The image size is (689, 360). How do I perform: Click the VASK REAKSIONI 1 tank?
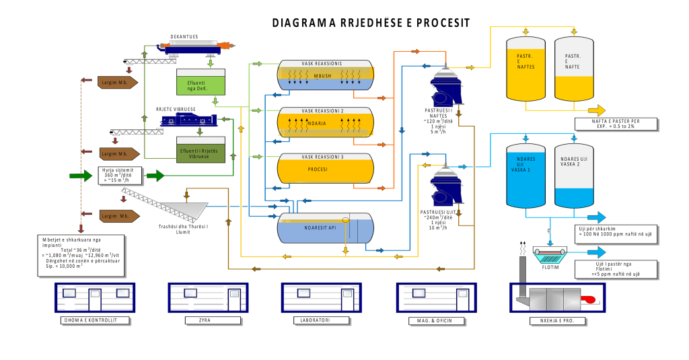[x=325, y=75]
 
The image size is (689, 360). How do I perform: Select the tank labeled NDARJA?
[x=325, y=122]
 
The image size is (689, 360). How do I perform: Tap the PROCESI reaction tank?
[x=325, y=169]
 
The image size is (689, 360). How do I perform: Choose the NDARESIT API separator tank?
[x=325, y=228]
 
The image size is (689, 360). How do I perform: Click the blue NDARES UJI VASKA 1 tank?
[x=525, y=176]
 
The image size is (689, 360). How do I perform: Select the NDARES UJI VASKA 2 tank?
[x=574, y=176]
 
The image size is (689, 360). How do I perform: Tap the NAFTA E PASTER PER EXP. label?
[x=616, y=124]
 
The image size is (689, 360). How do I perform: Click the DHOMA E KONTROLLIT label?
[x=94, y=320]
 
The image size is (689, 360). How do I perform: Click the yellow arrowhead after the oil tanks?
[x=597, y=110]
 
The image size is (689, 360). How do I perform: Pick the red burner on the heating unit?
[x=590, y=299]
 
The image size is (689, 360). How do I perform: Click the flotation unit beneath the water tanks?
[x=550, y=255]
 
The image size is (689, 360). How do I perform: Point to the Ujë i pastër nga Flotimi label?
[x=616, y=269]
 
